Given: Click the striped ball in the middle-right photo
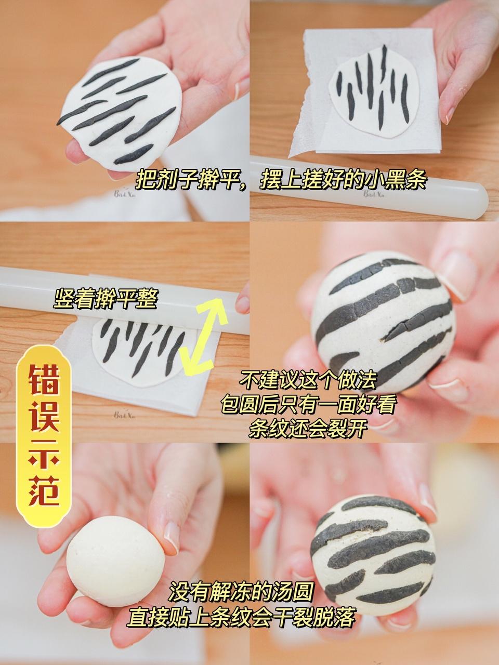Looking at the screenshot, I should [x=382, y=322].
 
